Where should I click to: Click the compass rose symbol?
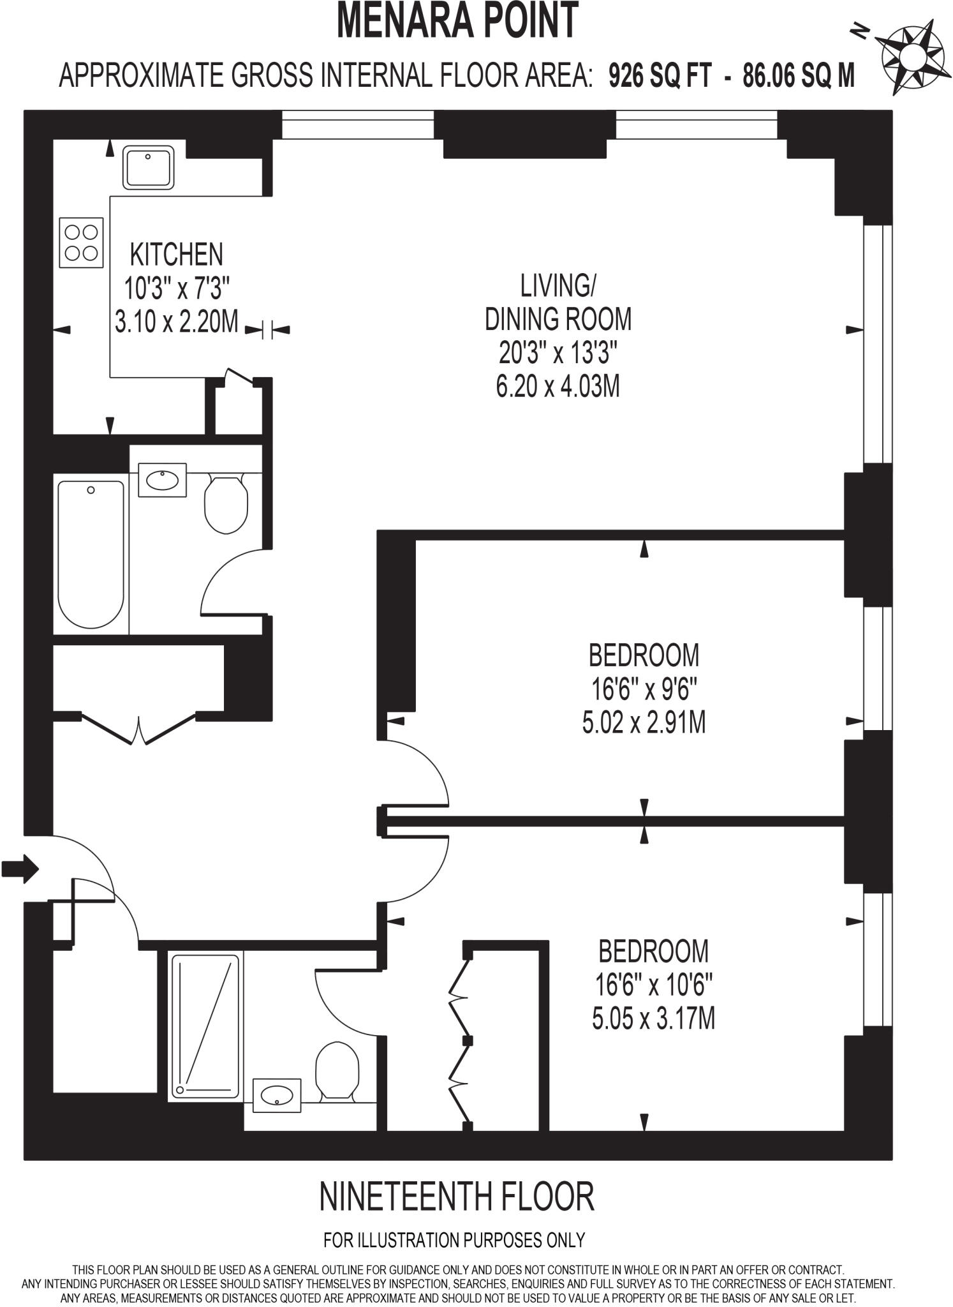point(912,57)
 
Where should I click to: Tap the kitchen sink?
point(148,168)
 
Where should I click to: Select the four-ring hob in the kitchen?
point(81,243)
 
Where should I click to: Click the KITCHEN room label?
point(177,255)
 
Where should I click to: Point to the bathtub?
point(91,554)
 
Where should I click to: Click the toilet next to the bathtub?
point(226,505)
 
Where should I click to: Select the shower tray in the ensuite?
point(205,1027)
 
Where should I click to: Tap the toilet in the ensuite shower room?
point(337,1072)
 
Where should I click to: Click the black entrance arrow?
point(20,869)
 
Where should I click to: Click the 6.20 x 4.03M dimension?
point(558,386)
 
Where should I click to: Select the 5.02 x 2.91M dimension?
point(644,723)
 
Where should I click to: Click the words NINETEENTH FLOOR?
point(456,1197)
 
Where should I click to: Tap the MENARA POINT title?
point(457,20)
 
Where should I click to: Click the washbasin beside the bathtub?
point(162,479)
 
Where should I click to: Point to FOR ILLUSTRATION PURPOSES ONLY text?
point(454,1240)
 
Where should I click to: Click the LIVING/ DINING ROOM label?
point(558,302)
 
